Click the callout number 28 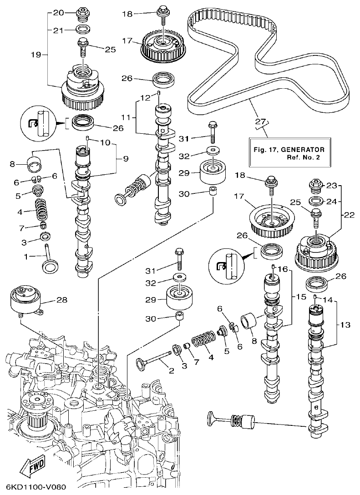61,300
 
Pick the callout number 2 172,371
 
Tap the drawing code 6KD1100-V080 34,487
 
